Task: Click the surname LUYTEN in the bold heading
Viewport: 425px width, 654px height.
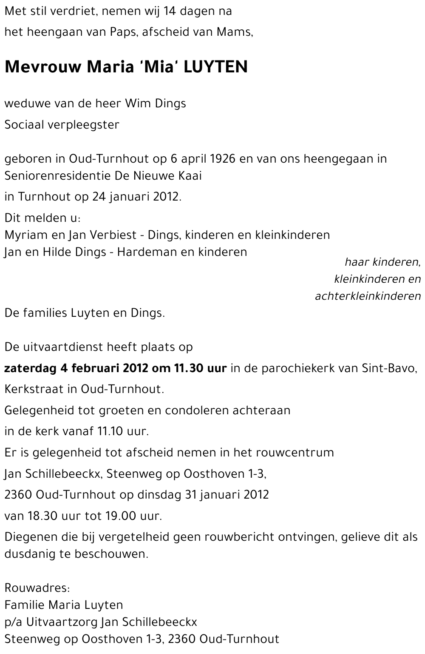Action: [215, 67]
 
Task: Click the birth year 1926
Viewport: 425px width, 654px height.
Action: [224, 159]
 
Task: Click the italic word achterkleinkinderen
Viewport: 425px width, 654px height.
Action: [368, 296]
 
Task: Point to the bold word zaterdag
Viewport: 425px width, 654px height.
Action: [30, 368]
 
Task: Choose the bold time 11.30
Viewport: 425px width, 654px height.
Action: [188, 368]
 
